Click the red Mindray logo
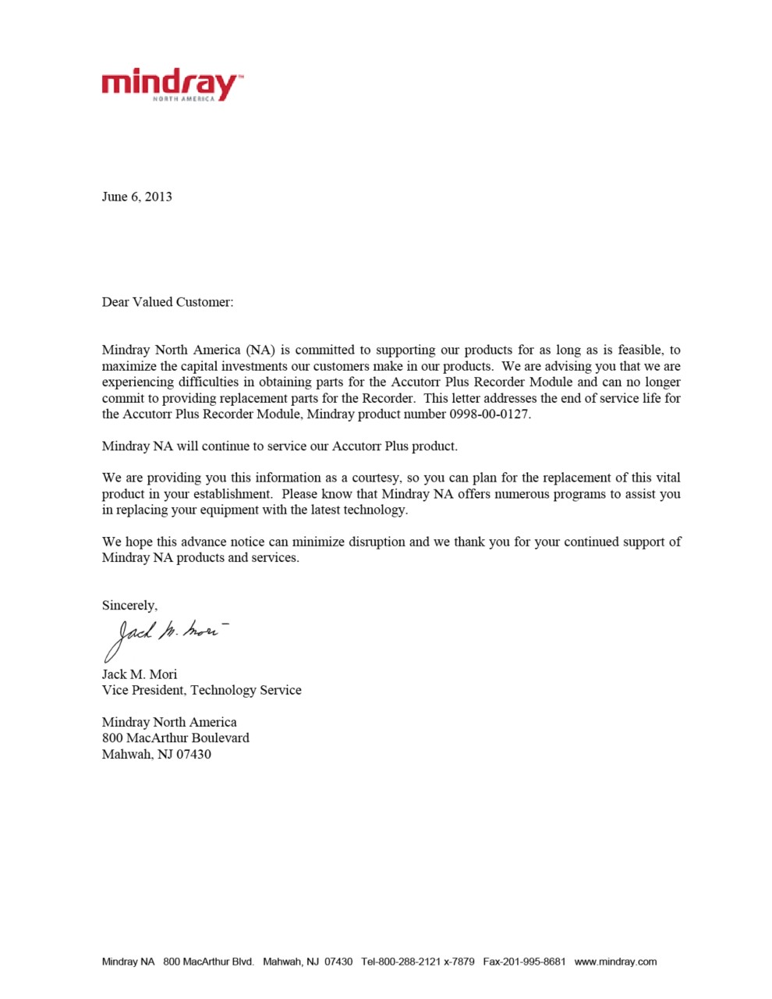171,84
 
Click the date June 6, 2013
136,197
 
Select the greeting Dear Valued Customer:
167,302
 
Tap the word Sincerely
129,606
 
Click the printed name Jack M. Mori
140,674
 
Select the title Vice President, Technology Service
201,691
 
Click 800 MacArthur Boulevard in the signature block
175,738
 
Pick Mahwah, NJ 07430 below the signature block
156,755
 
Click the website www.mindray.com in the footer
615,962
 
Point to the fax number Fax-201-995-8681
524,962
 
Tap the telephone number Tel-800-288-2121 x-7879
417,962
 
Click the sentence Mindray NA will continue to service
279,446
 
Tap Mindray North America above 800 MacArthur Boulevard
169,722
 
